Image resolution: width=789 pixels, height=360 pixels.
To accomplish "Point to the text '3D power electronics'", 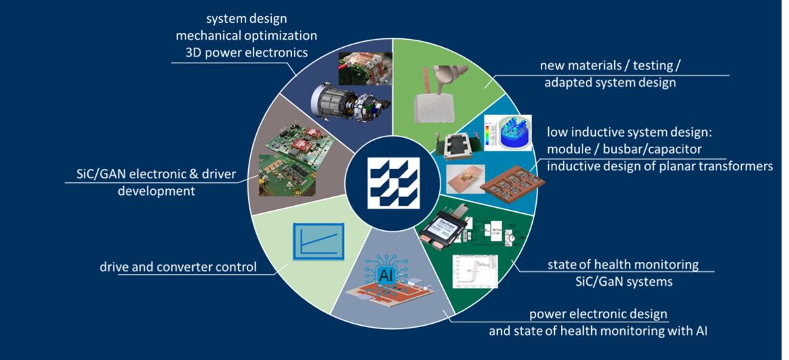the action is (x=247, y=52).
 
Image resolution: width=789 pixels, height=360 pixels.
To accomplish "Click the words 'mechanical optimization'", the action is (x=247, y=36).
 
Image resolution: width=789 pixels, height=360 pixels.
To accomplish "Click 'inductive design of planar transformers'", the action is (x=659, y=167).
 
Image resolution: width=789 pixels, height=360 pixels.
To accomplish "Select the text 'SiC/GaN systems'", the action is (x=623, y=281).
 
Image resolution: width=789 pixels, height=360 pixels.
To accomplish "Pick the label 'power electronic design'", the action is (x=598, y=314).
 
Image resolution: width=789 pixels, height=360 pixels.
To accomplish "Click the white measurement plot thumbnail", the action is (x=475, y=271).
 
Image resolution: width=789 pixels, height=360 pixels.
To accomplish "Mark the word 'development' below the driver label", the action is (x=156, y=191).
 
